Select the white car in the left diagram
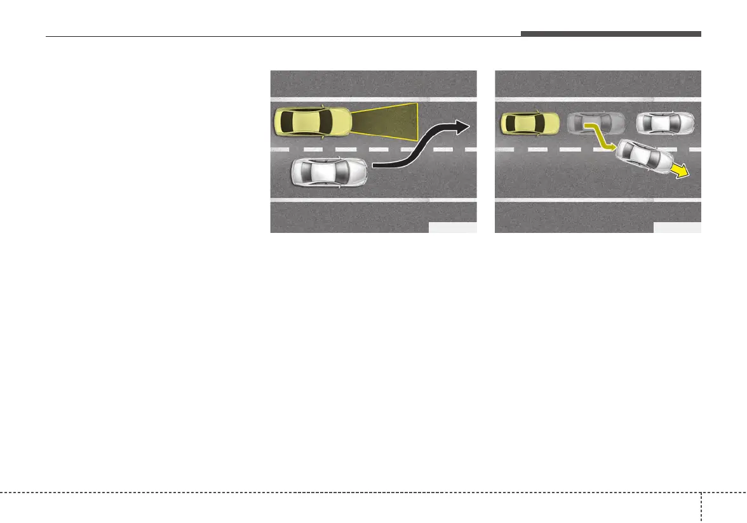tap(329, 172)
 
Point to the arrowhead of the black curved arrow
tap(464, 128)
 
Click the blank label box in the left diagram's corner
tap(452, 228)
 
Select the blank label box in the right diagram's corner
tap(677, 228)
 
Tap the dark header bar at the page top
tap(610, 34)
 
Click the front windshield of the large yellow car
tap(328, 122)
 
